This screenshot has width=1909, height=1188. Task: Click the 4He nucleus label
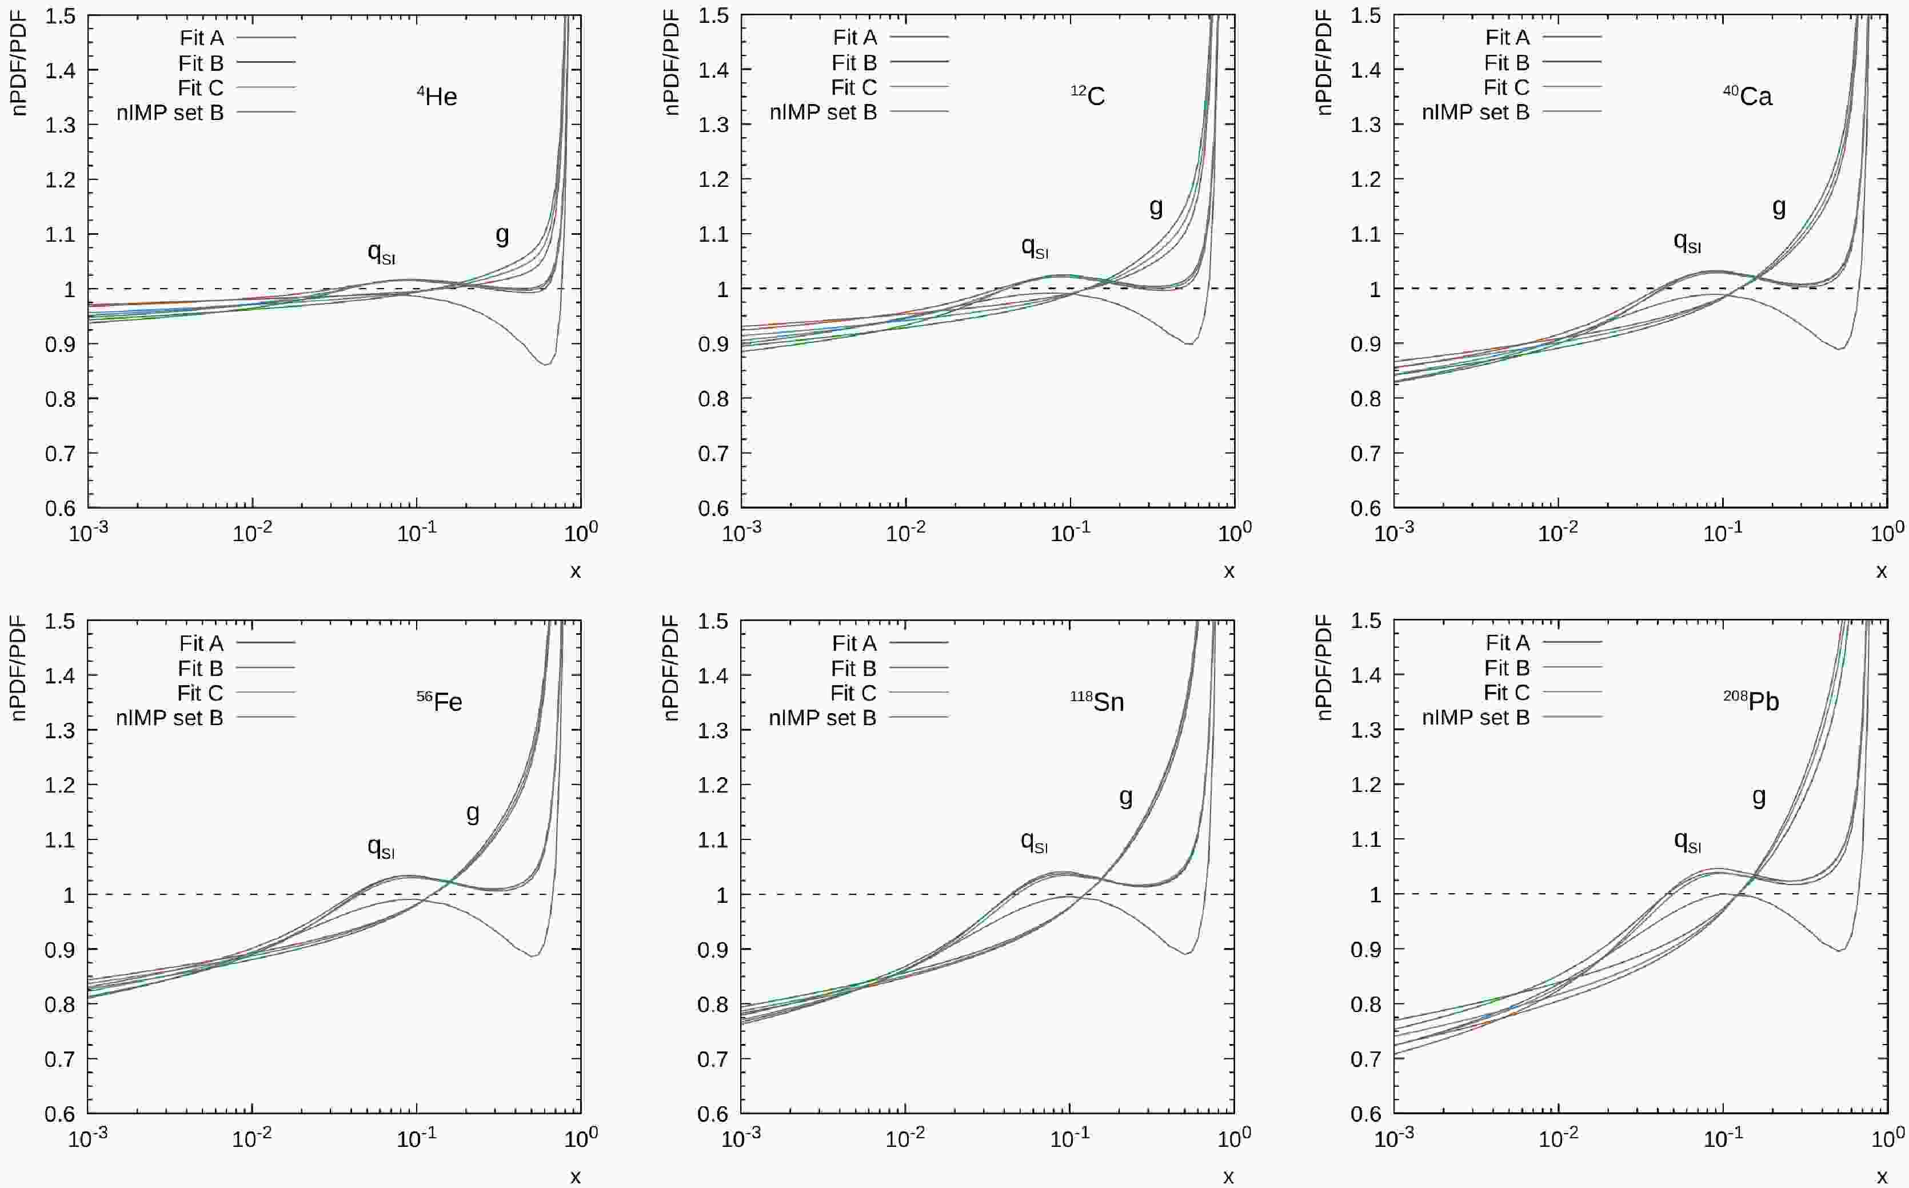coord(437,97)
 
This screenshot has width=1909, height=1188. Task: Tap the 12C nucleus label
coord(1088,96)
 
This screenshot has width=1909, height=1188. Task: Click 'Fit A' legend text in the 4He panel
coord(201,37)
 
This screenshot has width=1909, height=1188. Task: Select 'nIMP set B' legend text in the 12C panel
coord(823,113)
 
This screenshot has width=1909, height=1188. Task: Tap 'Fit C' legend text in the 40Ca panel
coord(1507,87)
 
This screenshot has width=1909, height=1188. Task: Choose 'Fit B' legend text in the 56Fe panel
coord(201,669)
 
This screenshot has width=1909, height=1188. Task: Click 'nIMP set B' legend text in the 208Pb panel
coord(1475,717)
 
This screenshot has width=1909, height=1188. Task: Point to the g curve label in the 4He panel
coord(502,234)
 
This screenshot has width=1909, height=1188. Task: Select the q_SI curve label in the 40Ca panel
coord(1687,242)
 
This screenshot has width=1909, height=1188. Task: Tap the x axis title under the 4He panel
coord(576,571)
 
